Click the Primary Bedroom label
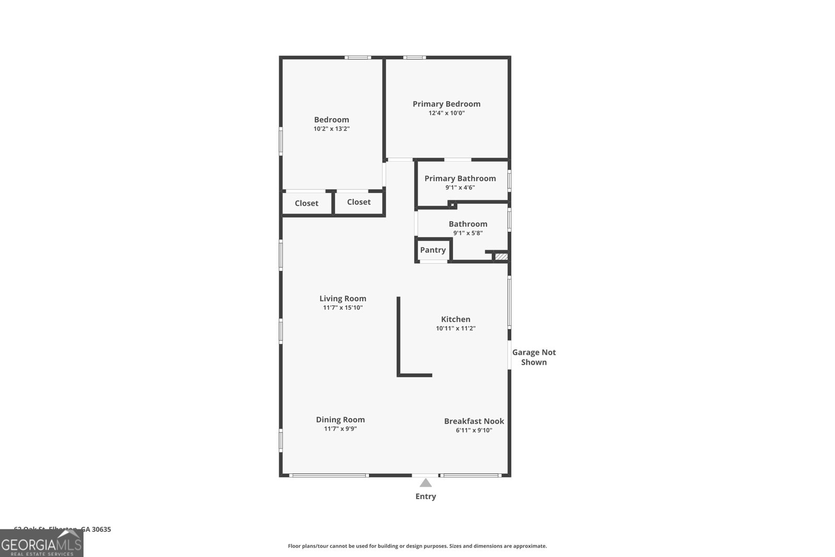pyautogui.click(x=446, y=104)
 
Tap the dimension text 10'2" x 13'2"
pyautogui.click(x=331, y=128)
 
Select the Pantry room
pyautogui.click(x=433, y=250)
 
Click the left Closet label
pyautogui.click(x=306, y=203)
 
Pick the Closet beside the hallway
pyautogui.click(x=359, y=202)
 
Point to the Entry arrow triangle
pyautogui.click(x=426, y=483)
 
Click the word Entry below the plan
pyautogui.click(x=425, y=496)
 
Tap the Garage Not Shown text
pyautogui.click(x=534, y=357)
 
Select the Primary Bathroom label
pyautogui.click(x=460, y=179)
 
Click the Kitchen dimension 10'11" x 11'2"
pyautogui.click(x=456, y=328)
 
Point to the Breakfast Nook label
pyautogui.click(x=474, y=421)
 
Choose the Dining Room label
pyautogui.click(x=340, y=419)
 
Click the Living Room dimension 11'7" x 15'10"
pyautogui.click(x=342, y=307)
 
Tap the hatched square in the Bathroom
pyautogui.click(x=501, y=256)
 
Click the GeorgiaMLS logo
pyautogui.click(x=41, y=543)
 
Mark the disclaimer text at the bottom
pyautogui.click(x=417, y=546)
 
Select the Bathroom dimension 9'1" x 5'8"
pyautogui.click(x=468, y=233)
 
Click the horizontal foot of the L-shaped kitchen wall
pyautogui.click(x=415, y=375)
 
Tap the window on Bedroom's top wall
pyautogui.click(x=357, y=57)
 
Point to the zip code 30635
pyautogui.click(x=101, y=529)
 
